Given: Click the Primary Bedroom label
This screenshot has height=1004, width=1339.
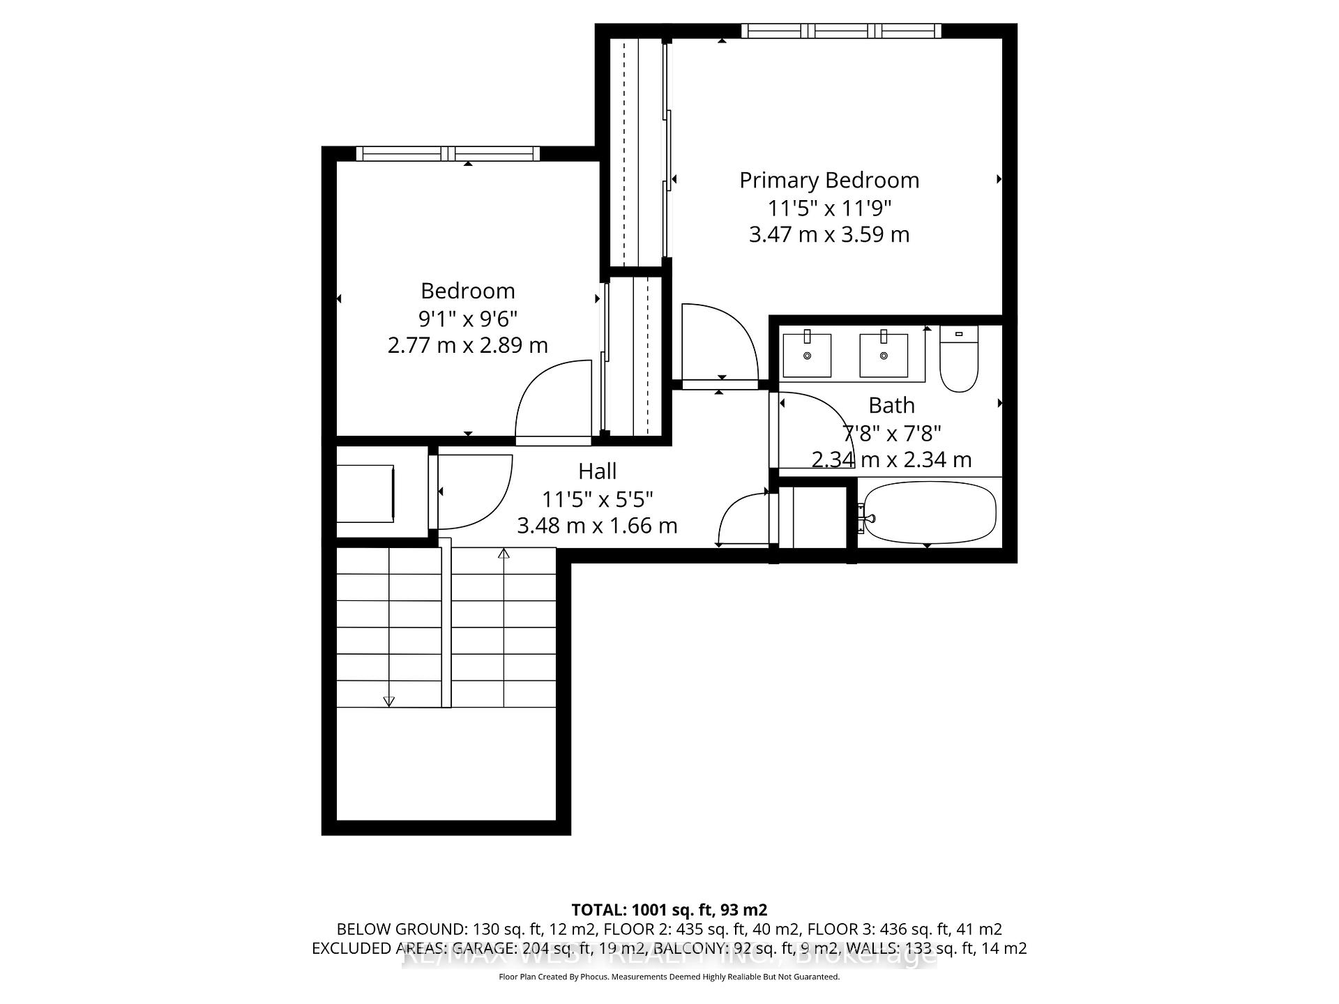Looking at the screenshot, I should coord(829,181).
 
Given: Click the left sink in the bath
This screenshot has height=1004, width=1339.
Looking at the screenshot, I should coord(807,356).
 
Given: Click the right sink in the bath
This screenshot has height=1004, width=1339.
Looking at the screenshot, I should coord(884,356).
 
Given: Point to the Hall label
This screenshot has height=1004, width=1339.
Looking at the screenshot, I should coord(597,471).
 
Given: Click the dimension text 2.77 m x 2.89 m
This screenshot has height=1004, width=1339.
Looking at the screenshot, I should coord(467,345).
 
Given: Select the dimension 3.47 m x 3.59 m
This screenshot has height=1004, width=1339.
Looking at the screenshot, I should coord(829,234).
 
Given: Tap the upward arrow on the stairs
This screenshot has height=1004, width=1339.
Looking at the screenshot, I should coord(504,554).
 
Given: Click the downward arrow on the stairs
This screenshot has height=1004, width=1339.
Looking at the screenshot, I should coord(389,701).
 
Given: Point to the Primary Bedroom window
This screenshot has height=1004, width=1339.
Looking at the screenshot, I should coord(840,31).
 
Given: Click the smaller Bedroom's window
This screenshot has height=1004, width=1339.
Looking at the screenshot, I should coord(448,153).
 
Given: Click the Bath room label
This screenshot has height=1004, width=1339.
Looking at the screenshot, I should coord(891,405).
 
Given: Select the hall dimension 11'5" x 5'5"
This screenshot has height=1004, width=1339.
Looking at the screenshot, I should coord(597,499).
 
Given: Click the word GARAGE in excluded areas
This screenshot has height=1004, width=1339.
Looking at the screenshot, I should coord(484,948).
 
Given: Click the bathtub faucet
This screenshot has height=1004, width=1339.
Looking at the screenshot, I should coord(868,518).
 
